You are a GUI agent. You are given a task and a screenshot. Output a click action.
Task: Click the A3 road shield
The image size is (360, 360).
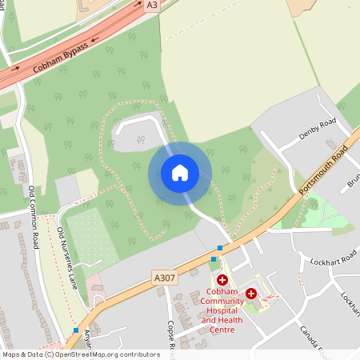coord(152,5)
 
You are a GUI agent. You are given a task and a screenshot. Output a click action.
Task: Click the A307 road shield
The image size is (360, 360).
coord(163,278)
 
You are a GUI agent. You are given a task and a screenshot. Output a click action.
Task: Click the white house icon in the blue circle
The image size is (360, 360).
coord(179,173)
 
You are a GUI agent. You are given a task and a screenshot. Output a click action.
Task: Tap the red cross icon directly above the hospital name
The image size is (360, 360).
coord(222,280)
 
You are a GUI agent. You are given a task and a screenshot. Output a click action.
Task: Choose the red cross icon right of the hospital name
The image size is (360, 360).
coord(251,294)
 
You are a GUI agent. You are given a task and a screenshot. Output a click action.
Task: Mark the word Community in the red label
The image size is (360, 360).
coord(222,302)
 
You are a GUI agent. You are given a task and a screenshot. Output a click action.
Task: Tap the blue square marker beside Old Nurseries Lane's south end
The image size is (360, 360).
coord(76,330)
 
